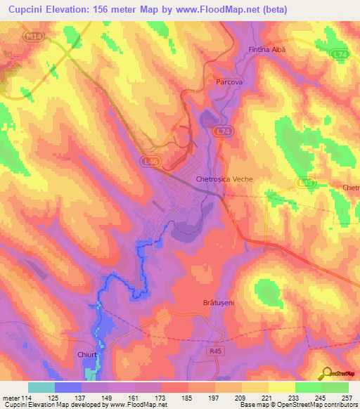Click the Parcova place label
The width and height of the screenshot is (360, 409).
pyautogui.click(x=226, y=82)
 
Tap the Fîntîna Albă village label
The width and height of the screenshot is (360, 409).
pyautogui.click(x=269, y=50)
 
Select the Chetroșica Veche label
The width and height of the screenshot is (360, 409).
pyautogui.click(x=224, y=179)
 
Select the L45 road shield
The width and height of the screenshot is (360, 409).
pyautogui.click(x=304, y=183)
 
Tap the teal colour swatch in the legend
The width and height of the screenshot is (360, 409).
pyautogui.click(x=41, y=387)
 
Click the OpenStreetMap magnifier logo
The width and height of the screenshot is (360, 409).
pyautogui.click(x=327, y=372)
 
